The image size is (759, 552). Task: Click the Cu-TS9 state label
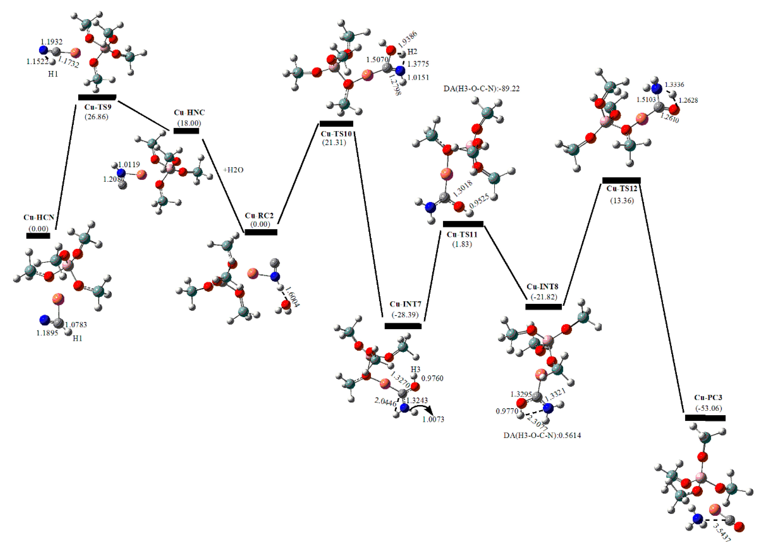click(98, 107)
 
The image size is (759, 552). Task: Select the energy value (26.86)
click(96, 117)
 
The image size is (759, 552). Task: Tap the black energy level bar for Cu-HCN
click(38, 236)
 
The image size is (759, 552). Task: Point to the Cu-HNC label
click(189, 112)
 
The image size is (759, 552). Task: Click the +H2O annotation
click(233, 170)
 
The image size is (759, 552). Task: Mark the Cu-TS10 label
click(336, 134)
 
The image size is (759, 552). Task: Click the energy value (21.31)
click(334, 143)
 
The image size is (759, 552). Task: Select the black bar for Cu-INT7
click(403, 326)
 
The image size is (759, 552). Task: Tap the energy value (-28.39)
click(405, 315)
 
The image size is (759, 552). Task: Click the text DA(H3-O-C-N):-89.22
click(482, 89)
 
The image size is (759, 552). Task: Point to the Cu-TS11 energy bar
click(463, 224)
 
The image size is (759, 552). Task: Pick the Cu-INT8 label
click(542, 287)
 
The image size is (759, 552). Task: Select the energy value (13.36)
click(622, 201)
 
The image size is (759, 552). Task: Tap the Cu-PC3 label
click(708, 398)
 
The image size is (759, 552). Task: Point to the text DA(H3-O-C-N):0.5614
click(542, 436)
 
